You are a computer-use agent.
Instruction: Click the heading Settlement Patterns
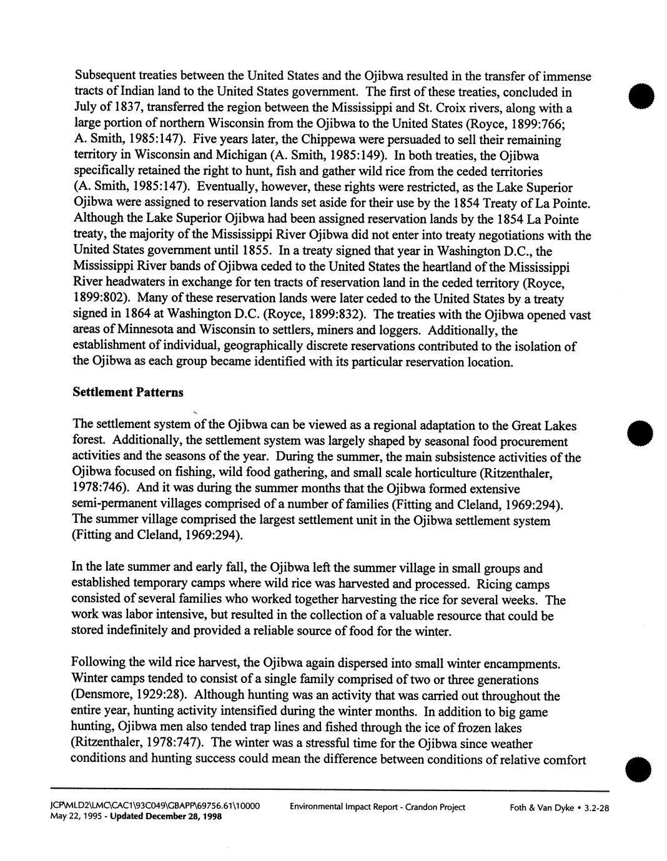coord(128,392)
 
